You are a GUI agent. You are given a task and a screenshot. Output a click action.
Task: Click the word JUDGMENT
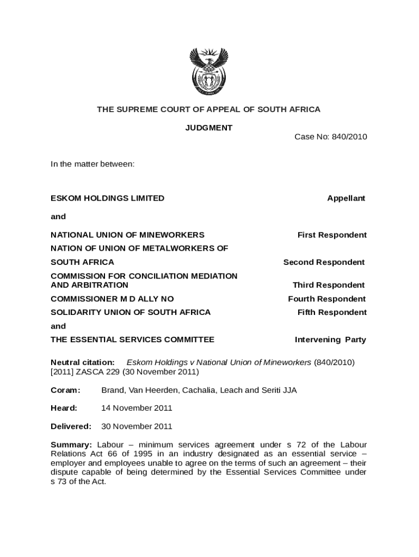coord(209,128)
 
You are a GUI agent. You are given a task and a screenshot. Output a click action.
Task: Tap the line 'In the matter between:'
coord(93,163)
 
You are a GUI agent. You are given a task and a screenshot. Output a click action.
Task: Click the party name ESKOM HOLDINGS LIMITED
coord(107,199)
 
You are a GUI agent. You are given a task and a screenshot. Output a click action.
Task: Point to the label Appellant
coord(346,199)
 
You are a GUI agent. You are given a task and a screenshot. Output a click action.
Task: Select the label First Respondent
coord(332,235)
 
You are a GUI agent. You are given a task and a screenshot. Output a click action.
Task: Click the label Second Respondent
coord(324,262)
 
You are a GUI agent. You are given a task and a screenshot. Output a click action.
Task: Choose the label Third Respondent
coord(329,285)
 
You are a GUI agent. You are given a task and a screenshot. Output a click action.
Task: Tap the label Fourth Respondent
coord(326,299)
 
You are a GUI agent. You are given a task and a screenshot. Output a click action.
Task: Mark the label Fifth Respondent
coord(332,312)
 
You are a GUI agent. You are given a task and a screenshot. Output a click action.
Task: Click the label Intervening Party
coord(330,340)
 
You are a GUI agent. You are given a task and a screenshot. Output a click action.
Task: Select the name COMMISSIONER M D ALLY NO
coord(112,299)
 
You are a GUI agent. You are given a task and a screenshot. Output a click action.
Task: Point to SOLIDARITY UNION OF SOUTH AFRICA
coord(131,312)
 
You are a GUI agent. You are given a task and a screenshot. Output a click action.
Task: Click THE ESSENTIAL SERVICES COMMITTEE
coord(132,340)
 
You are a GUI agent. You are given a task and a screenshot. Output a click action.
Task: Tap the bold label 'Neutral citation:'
coord(83,362)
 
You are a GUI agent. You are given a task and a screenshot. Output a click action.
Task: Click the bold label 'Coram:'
coord(65,390)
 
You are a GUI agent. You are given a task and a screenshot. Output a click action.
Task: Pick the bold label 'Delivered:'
coord(71,426)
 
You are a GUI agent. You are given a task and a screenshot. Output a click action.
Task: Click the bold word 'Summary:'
coord(71,444)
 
